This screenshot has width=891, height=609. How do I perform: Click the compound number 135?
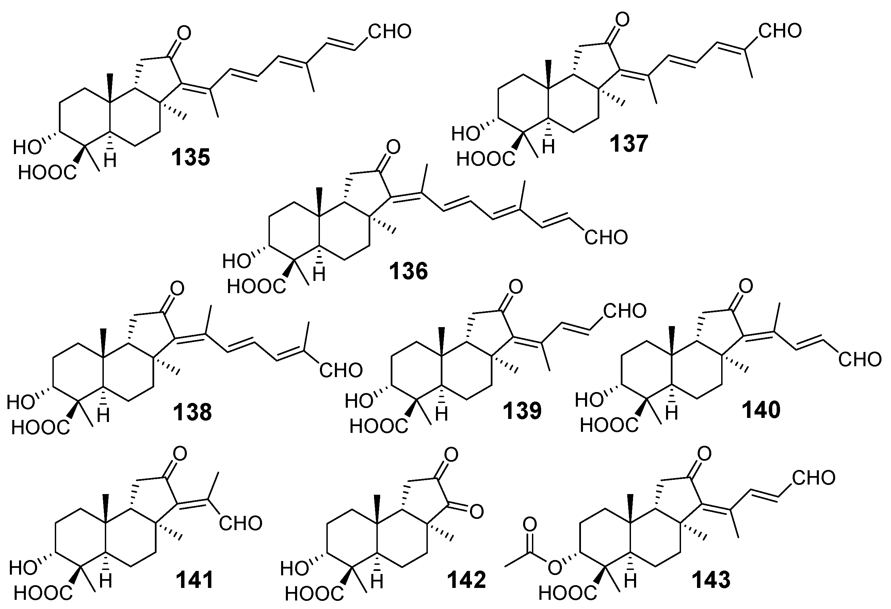[191, 157]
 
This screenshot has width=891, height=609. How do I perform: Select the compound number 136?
[408, 271]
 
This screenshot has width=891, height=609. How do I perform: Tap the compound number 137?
[629, 143]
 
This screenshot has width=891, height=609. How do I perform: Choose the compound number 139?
[522, 411]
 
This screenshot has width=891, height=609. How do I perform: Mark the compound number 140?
[761, 410]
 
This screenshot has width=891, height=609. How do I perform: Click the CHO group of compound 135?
[390, 31]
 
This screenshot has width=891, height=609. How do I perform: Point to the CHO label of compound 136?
[606, 237]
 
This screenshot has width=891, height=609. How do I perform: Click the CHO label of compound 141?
[240, 524]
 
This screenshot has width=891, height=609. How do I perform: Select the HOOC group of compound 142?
[314, 594]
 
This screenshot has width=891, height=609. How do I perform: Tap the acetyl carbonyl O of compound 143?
[530, 525]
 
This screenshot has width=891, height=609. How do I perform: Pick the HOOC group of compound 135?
[47, 173]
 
